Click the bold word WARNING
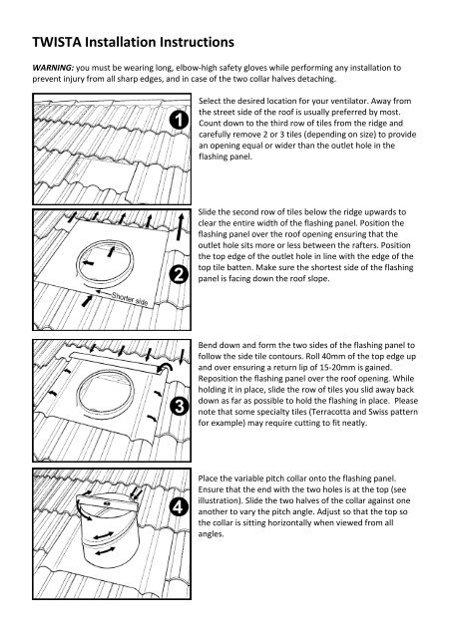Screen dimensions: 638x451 point(44,69)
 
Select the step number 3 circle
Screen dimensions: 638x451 point(177,406)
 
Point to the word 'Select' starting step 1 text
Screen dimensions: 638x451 point(214,103)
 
